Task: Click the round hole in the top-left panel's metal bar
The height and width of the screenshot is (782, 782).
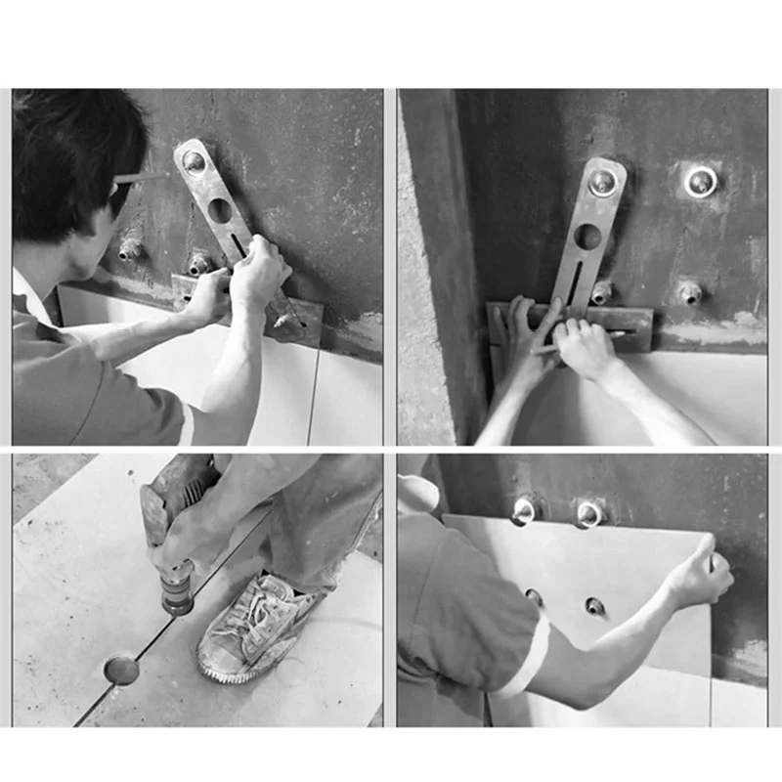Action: tap(219, 210)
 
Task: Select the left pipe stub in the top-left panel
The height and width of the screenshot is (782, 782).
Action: tap(129, 249)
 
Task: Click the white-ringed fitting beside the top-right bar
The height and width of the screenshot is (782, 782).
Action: tap(700, 181)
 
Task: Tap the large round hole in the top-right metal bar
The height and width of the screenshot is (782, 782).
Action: tap(587, 237)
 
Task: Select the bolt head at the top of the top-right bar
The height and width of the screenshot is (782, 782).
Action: tap(603, 181)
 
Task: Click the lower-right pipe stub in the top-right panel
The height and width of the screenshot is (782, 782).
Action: tap(690, 291)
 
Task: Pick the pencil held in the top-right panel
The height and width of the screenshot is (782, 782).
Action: tap(577, 342)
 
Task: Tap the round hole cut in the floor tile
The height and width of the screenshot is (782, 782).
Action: tap(121, 670)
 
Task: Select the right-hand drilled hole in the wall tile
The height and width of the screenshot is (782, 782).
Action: tap(594, 606)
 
